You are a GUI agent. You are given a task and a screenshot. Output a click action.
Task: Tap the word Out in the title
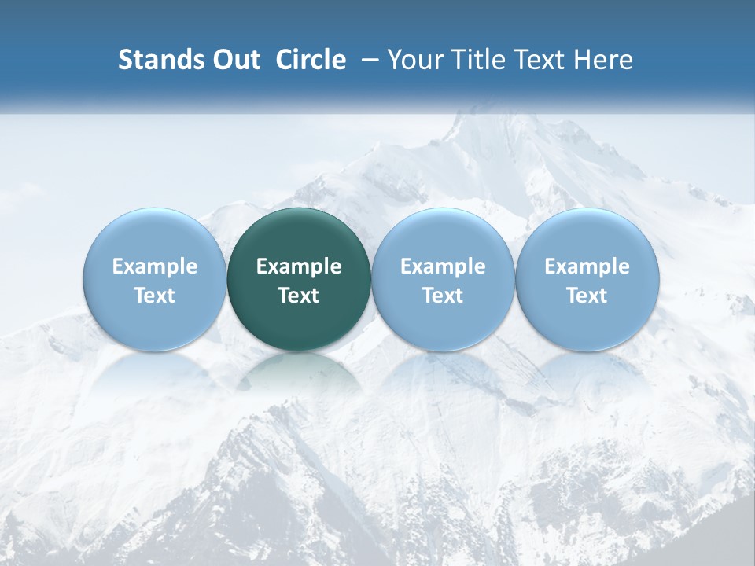coord(237,60)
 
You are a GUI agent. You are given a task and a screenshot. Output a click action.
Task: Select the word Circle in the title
coord(311,60)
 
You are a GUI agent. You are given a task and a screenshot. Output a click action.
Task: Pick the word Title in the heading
coord(477,60)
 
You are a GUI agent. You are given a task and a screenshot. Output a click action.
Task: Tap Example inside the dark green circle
coord(299,266)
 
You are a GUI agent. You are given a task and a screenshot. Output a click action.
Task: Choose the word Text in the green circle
coord(299,296)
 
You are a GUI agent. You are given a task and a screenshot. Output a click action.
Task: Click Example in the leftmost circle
coord(155,266)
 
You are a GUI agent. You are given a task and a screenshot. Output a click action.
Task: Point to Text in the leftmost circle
coord(155,296)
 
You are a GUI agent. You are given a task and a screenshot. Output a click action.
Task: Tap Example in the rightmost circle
coord(587,266)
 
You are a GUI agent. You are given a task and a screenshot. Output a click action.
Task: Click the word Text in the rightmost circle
coord(587,296)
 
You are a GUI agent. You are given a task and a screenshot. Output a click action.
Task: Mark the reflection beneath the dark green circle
coord(299,373)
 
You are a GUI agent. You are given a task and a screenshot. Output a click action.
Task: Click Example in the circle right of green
coord(443,266)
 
